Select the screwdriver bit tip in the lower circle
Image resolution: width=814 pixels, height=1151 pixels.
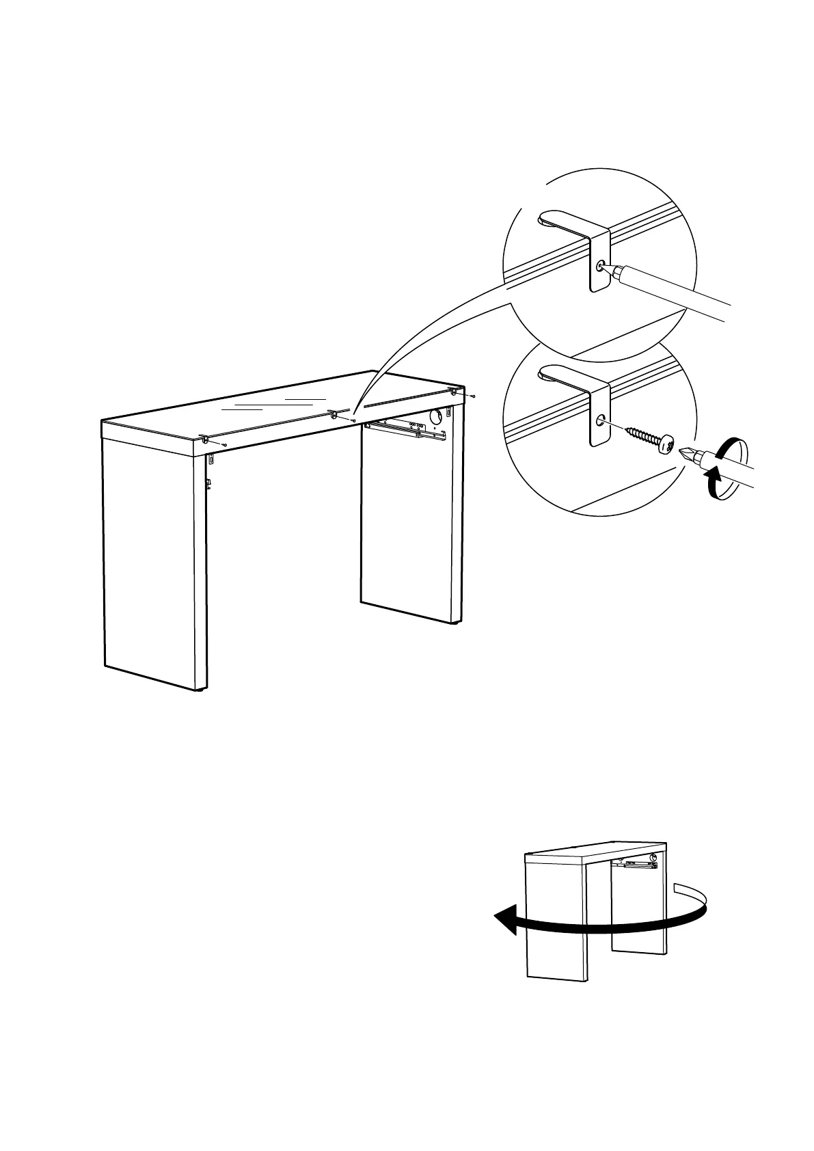(686, 452)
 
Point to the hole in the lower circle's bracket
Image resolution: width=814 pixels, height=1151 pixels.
(600, 420)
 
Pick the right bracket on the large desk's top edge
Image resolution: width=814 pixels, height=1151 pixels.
(453, 392)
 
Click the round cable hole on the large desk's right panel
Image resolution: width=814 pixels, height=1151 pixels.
(435, 416)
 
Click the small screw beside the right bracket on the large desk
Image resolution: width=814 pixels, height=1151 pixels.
(473, 396)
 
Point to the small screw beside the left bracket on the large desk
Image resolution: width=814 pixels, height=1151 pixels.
(224, 444)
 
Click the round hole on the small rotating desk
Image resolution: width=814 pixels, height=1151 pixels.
(655, 857)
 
